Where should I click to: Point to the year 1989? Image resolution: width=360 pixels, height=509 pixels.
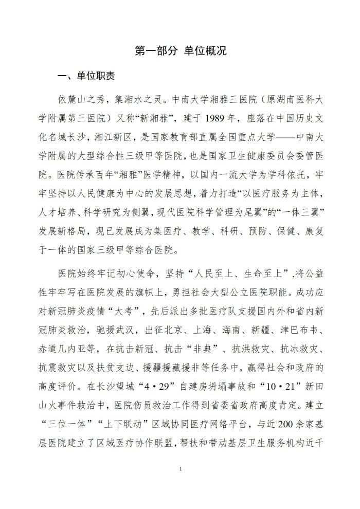point(219,114)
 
